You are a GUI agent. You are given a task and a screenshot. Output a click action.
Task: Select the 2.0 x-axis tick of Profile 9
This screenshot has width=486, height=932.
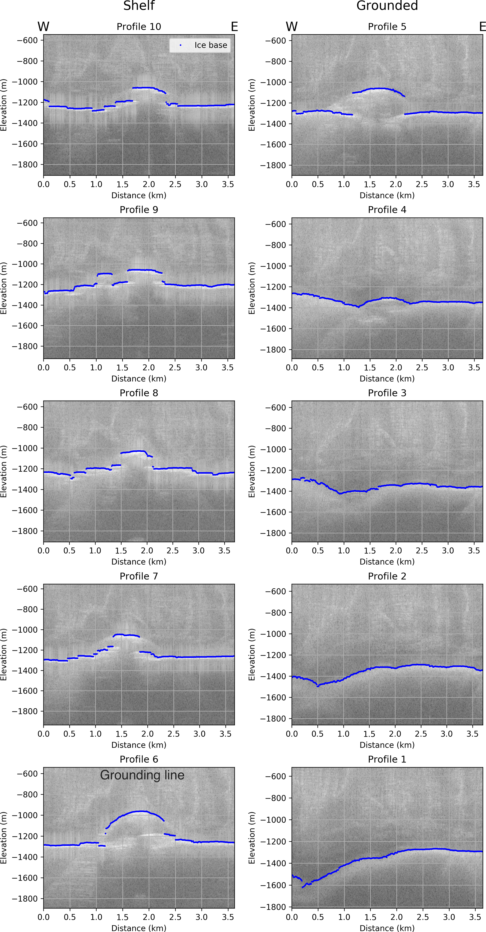click(149, 368)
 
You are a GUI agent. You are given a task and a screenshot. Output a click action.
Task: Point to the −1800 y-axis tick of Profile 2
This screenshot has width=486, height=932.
click(276, 719)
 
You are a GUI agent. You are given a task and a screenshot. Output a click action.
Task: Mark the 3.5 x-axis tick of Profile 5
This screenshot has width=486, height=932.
click(474, 185)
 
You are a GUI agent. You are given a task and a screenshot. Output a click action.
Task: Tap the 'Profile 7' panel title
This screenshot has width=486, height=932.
click(139, 576)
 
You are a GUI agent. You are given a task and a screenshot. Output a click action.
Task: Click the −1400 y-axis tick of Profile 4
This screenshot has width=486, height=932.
click(276, 308)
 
